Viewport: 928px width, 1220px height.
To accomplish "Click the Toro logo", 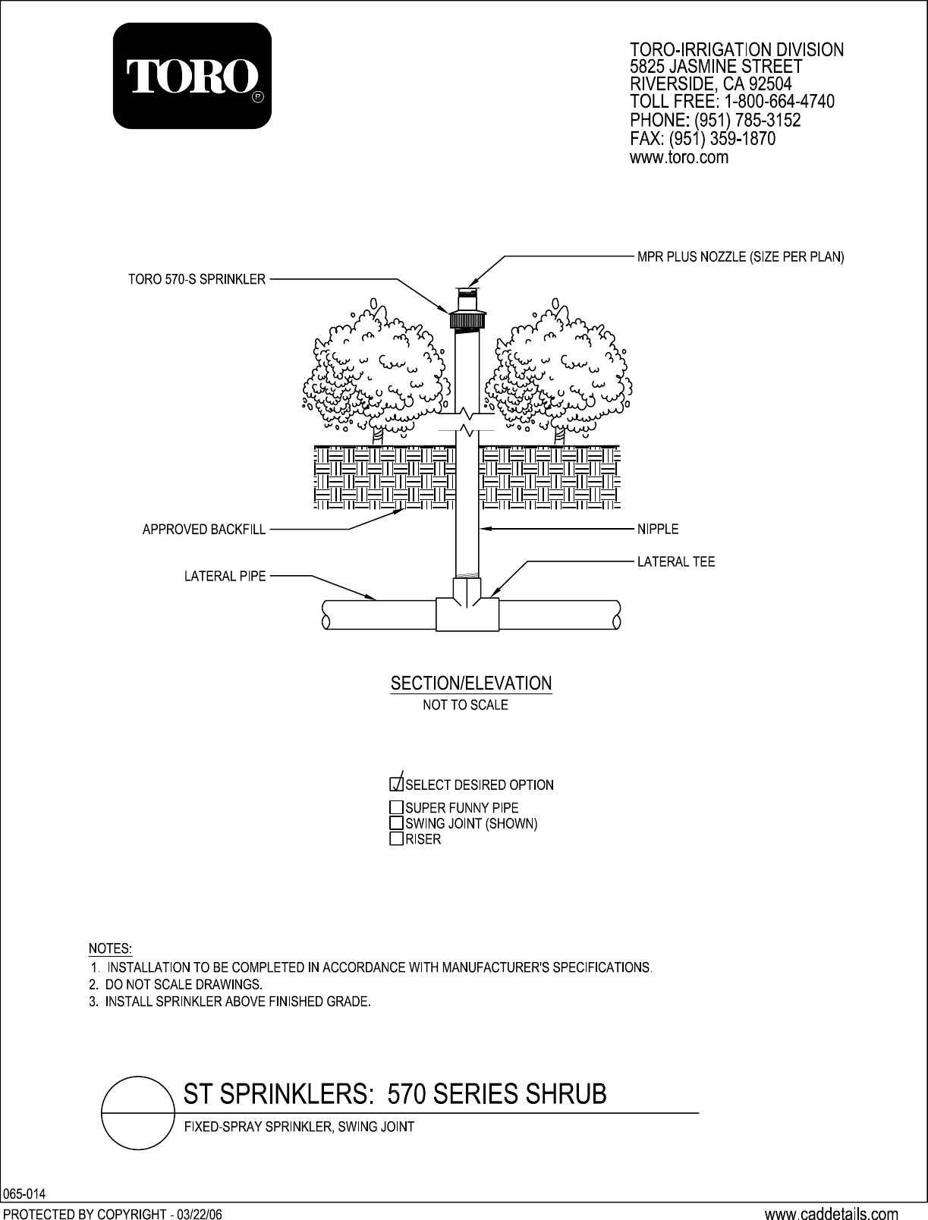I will [192, 76].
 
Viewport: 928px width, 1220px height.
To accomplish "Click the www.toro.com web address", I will [679, 158].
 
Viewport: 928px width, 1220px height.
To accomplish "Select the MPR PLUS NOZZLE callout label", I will [740, 257].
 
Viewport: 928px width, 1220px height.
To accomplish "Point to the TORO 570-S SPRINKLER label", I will [196, 279].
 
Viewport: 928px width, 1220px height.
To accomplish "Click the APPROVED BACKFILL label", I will [204, 530].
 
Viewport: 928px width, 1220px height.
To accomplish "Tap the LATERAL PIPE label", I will [225, 576].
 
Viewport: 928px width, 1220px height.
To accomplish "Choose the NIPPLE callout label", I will [657, 529].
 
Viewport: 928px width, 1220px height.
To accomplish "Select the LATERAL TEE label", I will [675, 562].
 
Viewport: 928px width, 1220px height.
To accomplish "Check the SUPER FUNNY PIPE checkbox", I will [396, 807].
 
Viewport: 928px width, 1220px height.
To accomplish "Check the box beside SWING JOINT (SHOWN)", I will [396, 823].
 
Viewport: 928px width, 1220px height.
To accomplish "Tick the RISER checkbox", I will [396, 838].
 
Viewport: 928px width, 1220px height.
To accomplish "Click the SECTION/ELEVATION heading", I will [470, 684].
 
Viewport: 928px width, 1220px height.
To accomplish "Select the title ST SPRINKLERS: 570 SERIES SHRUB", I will [396, 1096].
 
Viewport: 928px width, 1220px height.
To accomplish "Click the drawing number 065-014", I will [24, 1194].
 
